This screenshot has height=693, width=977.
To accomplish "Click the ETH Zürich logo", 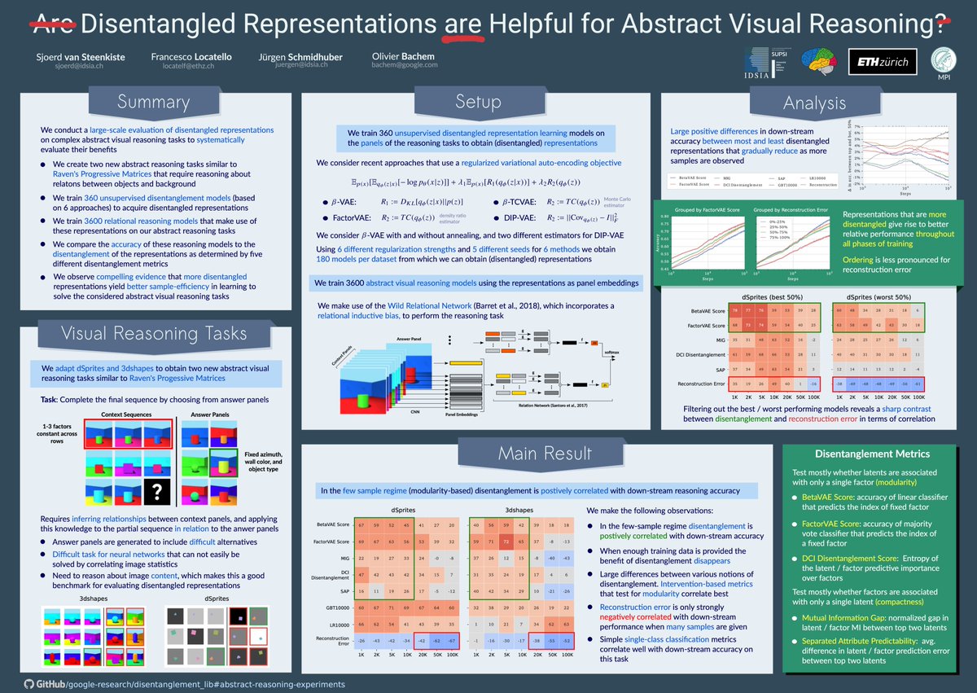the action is pyautogui.click(x=883, y=61).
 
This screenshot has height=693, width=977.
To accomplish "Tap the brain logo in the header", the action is pyautogui.click(x=821, y=61).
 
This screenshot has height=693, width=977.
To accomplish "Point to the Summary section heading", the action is pyautogui.click(x=153, y=102).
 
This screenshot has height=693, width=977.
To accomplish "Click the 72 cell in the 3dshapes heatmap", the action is pyautogui.click(x=506, y=540).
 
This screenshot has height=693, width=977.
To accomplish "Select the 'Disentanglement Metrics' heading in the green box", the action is pyautogui.click(x=868, y=454).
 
